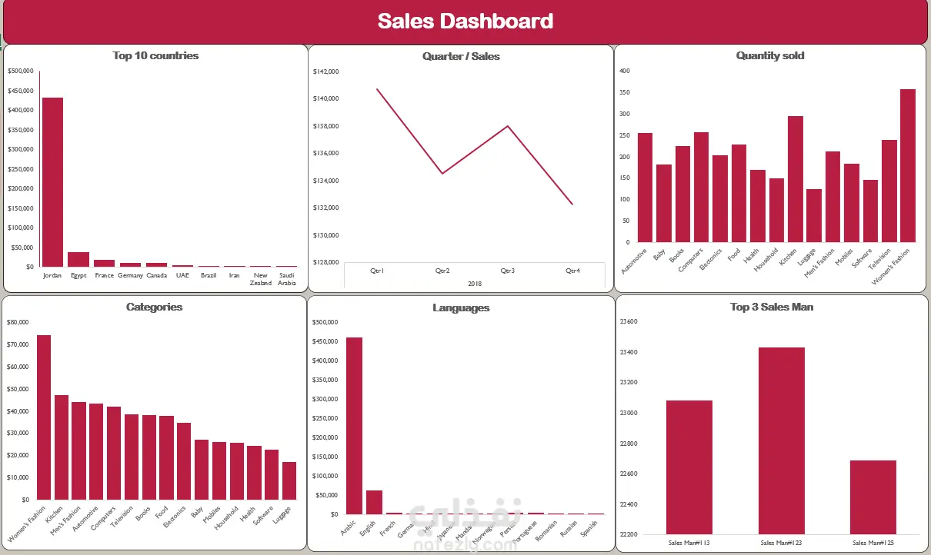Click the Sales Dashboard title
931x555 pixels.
[465, 21]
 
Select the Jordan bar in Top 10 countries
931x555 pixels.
[52, 182]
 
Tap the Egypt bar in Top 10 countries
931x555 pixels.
[78, 259]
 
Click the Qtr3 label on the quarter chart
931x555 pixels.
[508, 271]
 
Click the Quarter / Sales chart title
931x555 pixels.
[461, 56]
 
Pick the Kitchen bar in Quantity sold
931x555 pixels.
[796, 179]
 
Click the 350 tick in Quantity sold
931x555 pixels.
[625, 92]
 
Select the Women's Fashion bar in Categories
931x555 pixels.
[44, 417]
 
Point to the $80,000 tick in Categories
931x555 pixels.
[18, 322]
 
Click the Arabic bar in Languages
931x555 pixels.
[354, 426]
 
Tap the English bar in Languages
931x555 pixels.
[375, 502]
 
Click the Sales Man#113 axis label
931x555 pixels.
[689, 543]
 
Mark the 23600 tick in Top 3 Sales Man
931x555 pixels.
[628, 322]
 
